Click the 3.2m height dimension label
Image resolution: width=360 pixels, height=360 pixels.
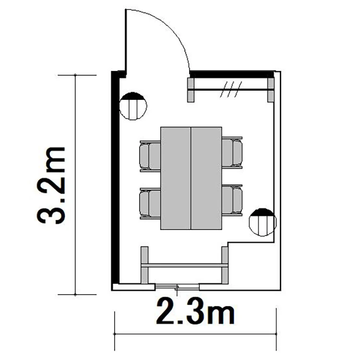point(51,185)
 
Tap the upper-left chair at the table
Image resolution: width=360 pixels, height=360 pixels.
point(150,156)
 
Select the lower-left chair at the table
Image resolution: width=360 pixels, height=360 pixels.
point(150,203)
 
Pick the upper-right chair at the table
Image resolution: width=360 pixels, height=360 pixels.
point(232,153)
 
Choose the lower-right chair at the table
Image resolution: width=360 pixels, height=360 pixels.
point(232,200)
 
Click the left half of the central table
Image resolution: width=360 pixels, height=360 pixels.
point(176,178)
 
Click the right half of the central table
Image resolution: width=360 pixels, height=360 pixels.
point(206,178)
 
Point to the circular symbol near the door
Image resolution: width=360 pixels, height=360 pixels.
point(133,106)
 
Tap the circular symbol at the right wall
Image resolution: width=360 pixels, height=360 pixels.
point(263,222)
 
